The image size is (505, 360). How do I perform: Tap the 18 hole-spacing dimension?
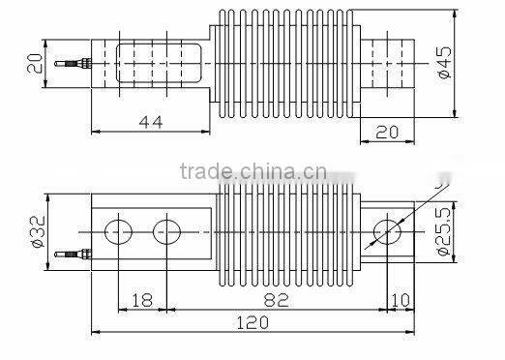pos(142,301)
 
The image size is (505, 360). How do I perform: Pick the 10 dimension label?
pos(399,301)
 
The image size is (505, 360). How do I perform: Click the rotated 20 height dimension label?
pos(36,63)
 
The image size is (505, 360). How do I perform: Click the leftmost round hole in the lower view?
pos(119,232)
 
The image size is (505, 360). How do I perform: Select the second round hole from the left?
pos(166,232)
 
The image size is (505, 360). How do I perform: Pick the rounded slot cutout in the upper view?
pos(160,64)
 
